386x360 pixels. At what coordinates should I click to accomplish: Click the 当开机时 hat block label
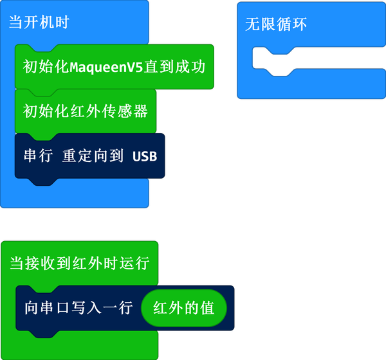[39, 22]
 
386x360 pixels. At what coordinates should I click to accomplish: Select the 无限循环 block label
[276, 24]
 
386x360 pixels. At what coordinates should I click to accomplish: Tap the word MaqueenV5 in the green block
[106, 67]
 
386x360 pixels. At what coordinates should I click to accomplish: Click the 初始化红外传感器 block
[85, 111]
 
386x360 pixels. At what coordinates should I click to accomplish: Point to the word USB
[145, 156]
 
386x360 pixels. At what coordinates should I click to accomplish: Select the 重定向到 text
[93, 156]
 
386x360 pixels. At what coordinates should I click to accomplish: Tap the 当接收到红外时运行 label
[79, 263]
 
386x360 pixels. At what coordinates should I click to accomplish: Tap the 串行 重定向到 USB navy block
[89, 156]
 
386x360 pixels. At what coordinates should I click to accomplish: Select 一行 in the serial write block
[118, 308]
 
